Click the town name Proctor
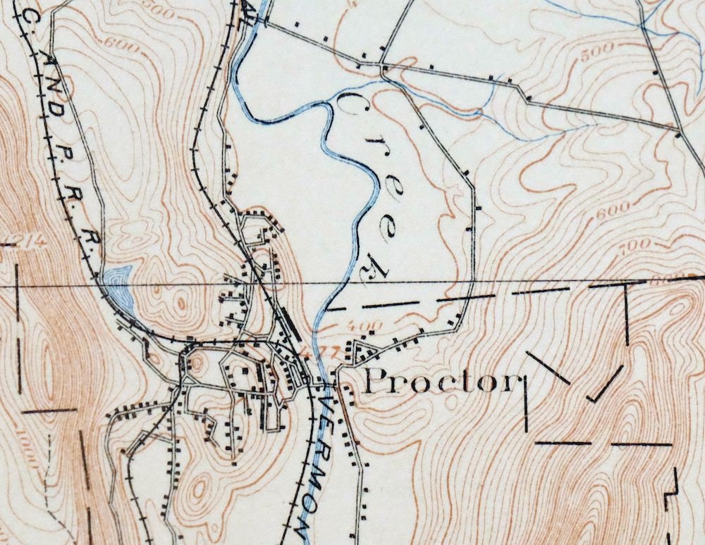[440, 382]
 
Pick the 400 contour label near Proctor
[364, 326]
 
